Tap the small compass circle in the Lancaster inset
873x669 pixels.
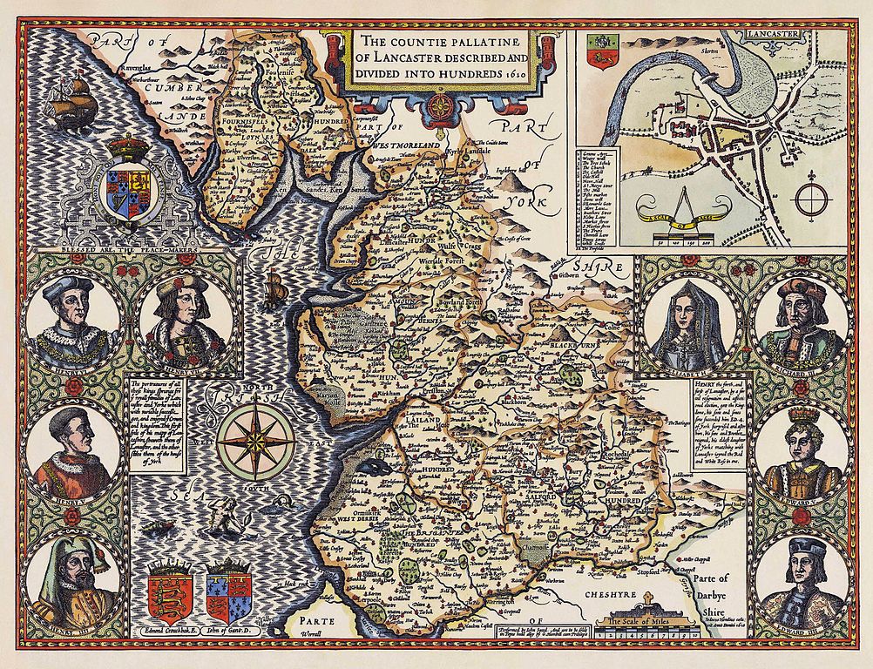click(810, 193)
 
